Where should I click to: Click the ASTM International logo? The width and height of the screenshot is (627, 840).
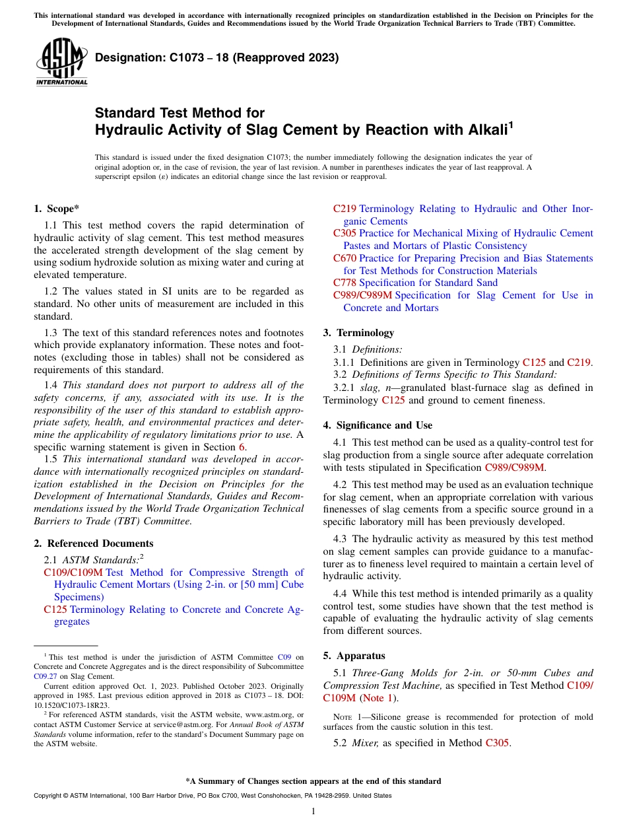(61, 63)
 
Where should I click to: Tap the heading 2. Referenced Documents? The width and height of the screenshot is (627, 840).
(94, 543)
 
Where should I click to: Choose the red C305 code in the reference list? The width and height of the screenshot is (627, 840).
(345, 233)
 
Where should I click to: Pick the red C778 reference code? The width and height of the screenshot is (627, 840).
(345, 283)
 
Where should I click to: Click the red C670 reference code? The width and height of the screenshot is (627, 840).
(345, 258)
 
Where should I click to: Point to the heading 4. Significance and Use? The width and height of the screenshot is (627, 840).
(378, 425)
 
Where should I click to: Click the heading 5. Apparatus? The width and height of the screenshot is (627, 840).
(354, 656)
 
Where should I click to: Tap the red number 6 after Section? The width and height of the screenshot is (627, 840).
(242, 447)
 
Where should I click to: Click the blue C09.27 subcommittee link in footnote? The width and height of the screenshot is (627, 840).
(45, 676)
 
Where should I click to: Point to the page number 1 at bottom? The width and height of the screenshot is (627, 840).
(313, 811)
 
